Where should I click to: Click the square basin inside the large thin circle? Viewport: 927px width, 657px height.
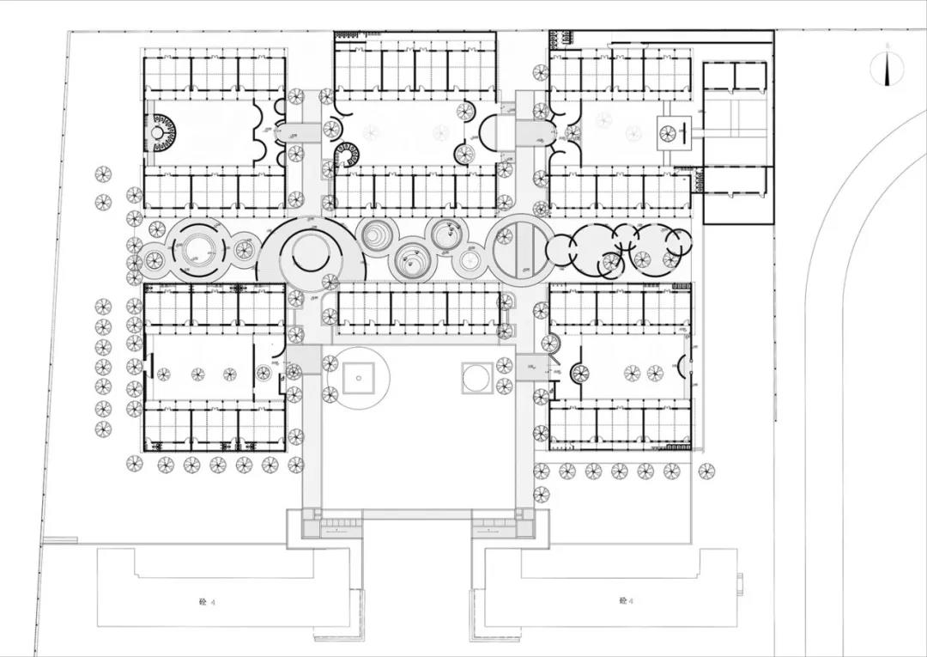tap(357, 377)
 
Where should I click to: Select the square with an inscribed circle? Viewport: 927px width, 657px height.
tap(476, 376)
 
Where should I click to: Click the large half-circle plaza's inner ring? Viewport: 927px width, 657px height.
tap(310, 252)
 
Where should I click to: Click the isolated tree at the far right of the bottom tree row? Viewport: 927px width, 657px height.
tap(706, 471)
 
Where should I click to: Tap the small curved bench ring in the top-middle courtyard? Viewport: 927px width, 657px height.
tap(347, 155)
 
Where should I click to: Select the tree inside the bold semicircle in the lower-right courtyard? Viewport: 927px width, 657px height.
tap(580, 373)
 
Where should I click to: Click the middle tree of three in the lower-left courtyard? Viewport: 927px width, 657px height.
tap(198, 374)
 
